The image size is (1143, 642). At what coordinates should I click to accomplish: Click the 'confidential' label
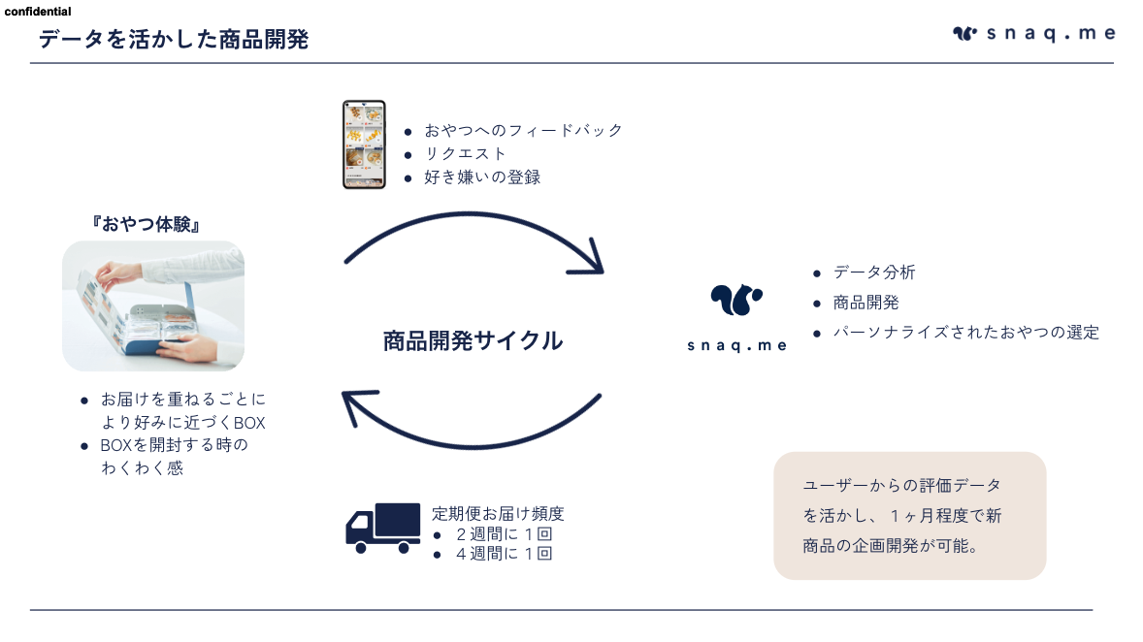point(38,12)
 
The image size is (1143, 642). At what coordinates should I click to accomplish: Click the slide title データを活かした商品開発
point(174,40)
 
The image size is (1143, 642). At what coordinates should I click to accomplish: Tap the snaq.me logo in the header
point(1033,34)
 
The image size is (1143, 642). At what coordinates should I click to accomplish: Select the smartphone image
point(364,145)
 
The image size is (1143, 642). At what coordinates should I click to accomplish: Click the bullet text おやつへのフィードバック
point(523,131)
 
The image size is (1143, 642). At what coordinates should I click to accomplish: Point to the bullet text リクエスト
point(465,154)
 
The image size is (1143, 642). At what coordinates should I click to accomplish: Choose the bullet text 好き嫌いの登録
point(482,177)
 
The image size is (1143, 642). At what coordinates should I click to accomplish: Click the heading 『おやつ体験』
point(147,224)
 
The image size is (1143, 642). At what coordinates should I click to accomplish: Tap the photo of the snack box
point(153,306)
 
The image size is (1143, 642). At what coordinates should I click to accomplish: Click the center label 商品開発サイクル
point(474,341)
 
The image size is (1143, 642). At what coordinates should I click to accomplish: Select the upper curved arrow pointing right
point(473,214)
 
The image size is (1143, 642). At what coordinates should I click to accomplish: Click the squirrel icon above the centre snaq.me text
point(736,299)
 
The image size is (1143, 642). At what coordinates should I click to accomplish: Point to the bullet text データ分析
point(874,273)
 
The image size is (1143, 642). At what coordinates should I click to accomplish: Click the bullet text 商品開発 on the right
point(866,303)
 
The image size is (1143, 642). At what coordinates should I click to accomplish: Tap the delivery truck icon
point(382,528)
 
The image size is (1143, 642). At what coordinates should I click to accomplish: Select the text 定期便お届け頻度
point(498,514)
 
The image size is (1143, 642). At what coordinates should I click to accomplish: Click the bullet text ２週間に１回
point(504,534)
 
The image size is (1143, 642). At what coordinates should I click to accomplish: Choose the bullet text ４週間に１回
point(504,554)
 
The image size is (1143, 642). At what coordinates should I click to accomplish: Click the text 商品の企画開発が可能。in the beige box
point(890,546)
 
